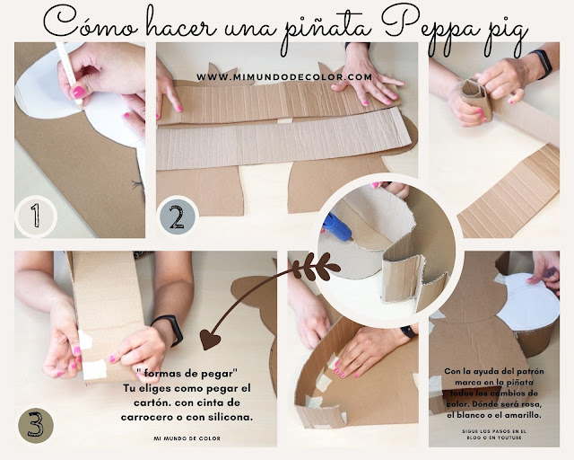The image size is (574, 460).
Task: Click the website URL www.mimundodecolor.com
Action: coord(284,76)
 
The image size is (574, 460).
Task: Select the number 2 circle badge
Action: coord(176,216)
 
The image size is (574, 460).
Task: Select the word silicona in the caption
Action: coord(230,417)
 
